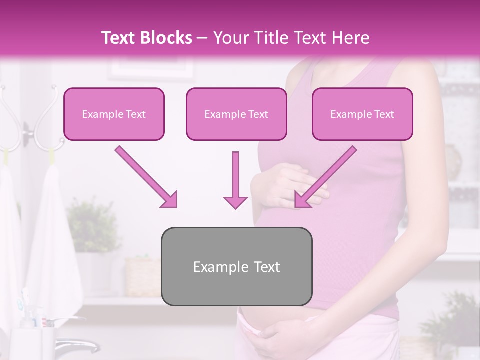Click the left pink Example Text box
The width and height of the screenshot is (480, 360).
pos(114,114)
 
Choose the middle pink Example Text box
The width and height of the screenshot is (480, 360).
pos(236,114)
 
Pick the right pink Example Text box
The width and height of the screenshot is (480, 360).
pos(362,114)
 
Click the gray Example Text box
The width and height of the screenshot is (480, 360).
pos(237,267)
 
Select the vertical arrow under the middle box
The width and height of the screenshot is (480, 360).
pos(235,180)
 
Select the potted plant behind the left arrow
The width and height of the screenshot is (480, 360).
pos(92,225)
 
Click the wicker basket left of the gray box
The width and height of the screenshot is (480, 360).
pos(142,275)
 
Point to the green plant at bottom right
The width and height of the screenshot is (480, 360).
pos(450,320)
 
